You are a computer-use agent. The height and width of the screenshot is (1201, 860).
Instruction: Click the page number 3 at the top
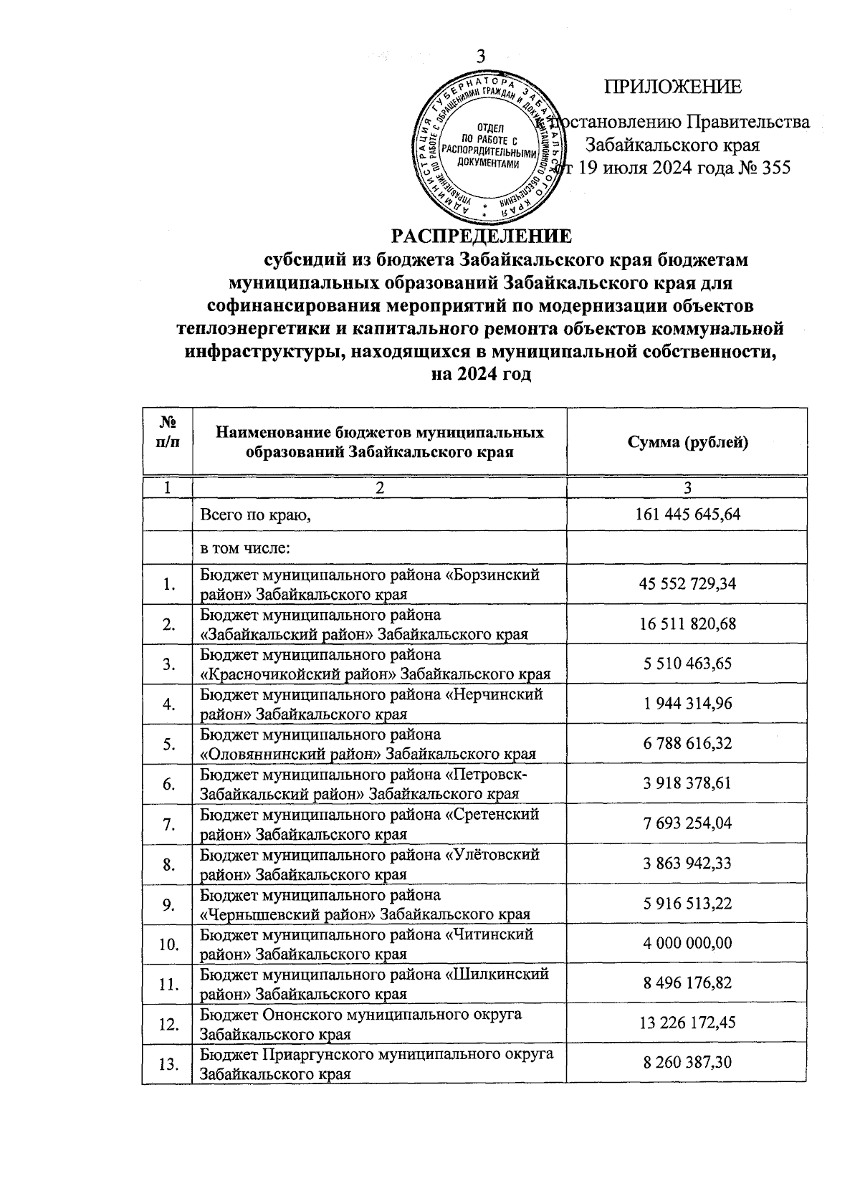point(480,58)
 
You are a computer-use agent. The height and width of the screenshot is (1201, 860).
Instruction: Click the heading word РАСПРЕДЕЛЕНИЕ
point(481,236)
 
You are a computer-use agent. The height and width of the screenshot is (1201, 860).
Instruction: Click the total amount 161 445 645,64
point(687,515)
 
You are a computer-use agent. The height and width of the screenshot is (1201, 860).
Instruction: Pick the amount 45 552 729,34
point(687,584)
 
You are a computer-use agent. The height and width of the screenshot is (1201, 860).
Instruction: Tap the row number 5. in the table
point(169,745)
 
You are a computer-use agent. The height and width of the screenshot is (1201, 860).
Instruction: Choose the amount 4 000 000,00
point(687,944)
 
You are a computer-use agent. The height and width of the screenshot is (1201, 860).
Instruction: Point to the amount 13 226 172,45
point(687,1024)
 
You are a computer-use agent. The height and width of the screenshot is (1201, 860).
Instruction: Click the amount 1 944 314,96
point(687,704)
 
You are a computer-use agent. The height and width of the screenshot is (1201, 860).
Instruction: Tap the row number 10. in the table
point(168,944)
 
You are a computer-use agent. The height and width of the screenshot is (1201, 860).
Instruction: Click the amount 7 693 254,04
point(687,824)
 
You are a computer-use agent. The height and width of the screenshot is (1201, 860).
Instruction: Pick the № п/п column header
point(168,432)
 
